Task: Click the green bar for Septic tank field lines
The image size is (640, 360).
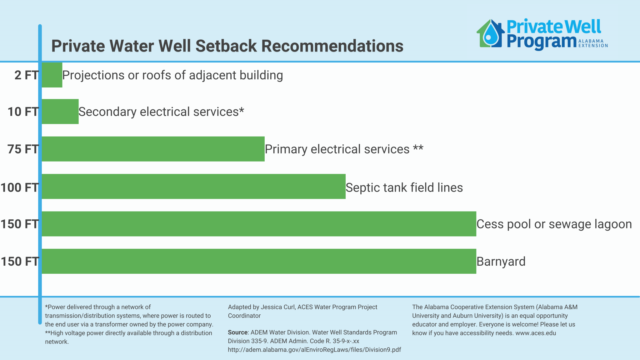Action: click(194, 186)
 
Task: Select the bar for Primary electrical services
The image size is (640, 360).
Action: click(153, 149)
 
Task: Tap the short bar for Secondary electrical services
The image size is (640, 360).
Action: click(60, 112)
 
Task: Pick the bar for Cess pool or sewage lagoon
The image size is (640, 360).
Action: click(259, 224)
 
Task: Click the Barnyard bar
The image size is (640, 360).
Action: click(259, 261)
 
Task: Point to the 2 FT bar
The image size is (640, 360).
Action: click(52, 75)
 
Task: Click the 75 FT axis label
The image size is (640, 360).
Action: click(23, 149)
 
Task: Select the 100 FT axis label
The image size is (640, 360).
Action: click(20, 187)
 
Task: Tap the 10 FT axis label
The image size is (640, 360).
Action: click(23, 112)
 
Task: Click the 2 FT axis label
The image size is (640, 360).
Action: click(27, 75)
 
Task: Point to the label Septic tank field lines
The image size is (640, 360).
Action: click(404, 187)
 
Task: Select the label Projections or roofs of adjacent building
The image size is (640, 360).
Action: click(172, 75)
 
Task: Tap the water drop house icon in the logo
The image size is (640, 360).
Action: click(490, 33)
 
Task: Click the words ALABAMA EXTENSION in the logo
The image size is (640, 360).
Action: click(593, 43)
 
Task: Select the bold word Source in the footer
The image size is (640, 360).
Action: click(237, 332)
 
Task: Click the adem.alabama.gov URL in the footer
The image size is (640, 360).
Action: click(314, 350)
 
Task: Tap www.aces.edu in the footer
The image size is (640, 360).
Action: click(536, 333)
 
